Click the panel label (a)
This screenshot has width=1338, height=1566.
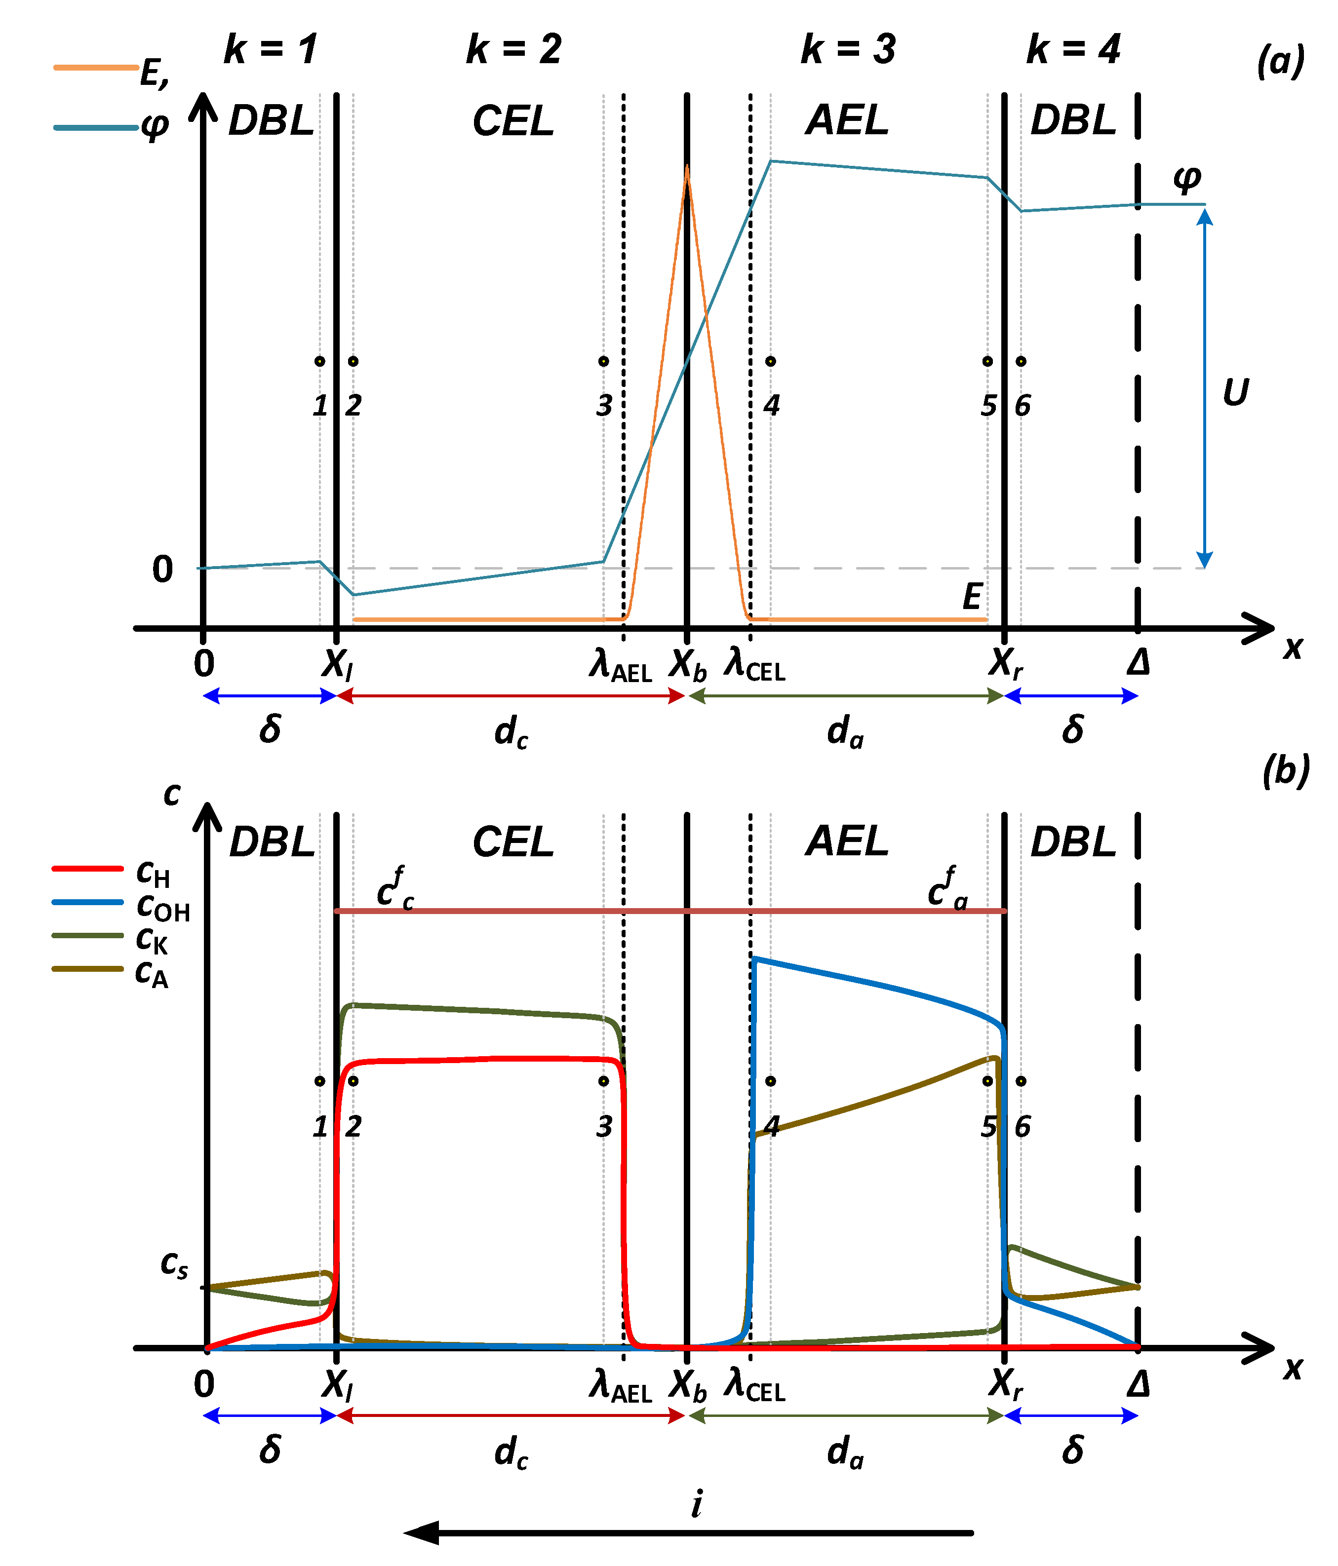(x=1281, y=61)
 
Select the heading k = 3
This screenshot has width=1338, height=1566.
(x=848, y=50)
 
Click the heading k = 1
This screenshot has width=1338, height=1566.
(x=271, y=50)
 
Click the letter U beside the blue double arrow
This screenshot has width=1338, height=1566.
(x=1236, y=392)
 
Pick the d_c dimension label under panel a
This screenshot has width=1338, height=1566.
(x=511, y=731)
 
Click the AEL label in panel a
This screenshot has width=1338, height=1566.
(x=847, y=121)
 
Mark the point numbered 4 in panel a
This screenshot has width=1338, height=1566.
(x=770, y=361)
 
